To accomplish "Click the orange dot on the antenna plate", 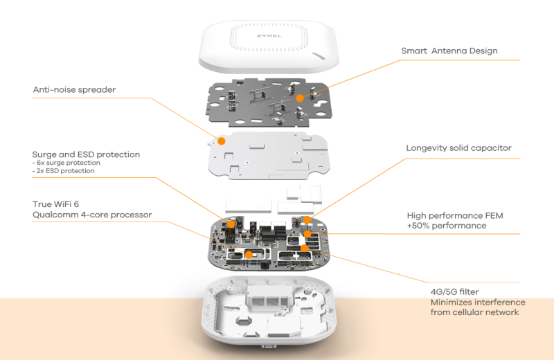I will pos(300,98).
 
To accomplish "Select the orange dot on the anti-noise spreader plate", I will pos(222,141).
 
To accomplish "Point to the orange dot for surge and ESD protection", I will pos(229,223).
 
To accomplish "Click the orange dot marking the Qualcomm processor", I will pos(249,254).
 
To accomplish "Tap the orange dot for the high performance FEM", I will pos(308,234).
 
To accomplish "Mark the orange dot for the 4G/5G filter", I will pos(304,247).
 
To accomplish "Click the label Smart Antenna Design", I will pos(449,51).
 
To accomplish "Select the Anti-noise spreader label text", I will pos(74,89).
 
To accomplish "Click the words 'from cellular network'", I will pos(474,312).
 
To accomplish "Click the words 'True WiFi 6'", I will pos(57,204).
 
